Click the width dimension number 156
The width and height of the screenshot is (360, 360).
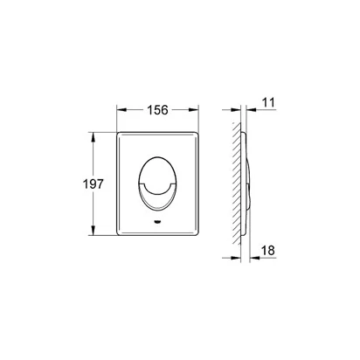point(157,110)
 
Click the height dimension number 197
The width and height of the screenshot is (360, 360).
point(93,183)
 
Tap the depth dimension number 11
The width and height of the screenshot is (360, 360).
point(268,102)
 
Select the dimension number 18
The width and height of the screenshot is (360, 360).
point(268,250)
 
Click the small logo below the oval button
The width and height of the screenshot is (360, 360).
point(157,222)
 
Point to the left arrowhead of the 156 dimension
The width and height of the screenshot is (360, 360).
point(121,110)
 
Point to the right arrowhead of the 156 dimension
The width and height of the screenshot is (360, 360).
point(194,110)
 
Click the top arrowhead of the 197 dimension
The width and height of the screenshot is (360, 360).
point(93,137)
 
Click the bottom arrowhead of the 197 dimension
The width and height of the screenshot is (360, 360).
point(93,230)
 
